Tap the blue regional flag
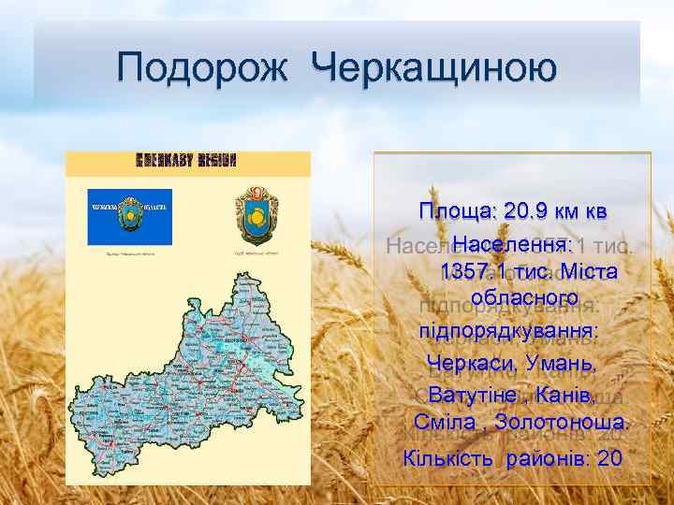130,218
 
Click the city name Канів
566,393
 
